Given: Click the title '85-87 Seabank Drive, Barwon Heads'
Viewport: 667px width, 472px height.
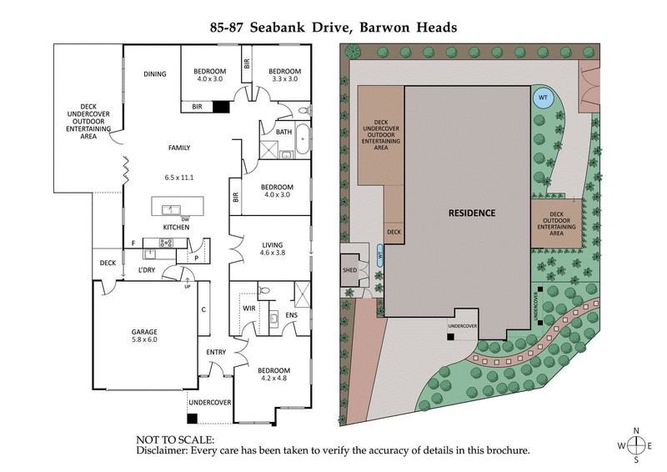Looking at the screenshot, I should click(x=333, y=27).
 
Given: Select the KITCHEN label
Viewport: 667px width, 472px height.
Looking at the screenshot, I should click(x=176, y=227).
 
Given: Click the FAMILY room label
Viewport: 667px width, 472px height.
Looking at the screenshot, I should click(x=178, y=148).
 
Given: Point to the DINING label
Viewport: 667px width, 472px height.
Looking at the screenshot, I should click(x=155, y=74).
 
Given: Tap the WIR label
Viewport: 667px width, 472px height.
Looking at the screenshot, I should click(x=248, y=308).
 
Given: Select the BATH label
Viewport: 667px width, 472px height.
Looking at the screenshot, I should click(x=283, y=131).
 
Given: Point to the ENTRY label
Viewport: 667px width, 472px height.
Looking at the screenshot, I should click(x=216, y=352).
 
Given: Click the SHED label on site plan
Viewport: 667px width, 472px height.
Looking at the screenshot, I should click(x=349, y=270).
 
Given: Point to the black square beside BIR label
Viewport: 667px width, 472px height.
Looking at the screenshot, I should click(x=221, y=107).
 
